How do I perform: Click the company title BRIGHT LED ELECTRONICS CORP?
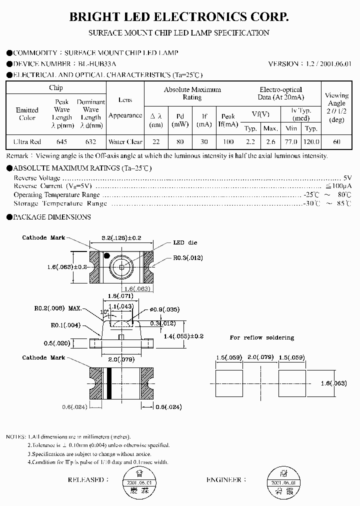179,17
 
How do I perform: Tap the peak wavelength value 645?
61,142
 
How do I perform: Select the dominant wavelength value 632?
90,142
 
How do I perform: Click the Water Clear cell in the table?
125,142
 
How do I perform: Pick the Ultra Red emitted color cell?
27,142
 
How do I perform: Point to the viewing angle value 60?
336,142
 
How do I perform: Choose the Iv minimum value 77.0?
290,142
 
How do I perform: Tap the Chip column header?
56,88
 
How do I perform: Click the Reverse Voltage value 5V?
348,178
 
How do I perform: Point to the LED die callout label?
185,242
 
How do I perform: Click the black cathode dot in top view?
106,255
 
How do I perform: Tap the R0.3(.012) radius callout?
188,258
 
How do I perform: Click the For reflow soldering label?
261,338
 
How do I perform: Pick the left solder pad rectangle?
228,383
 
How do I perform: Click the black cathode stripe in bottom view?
106,383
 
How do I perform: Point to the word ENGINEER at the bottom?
223,480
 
